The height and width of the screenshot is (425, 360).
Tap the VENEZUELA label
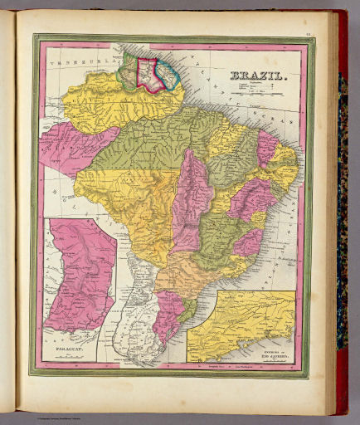point(71,60)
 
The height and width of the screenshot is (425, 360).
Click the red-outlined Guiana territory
point(150,73)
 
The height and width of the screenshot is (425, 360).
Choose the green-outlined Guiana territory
point(129,74)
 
